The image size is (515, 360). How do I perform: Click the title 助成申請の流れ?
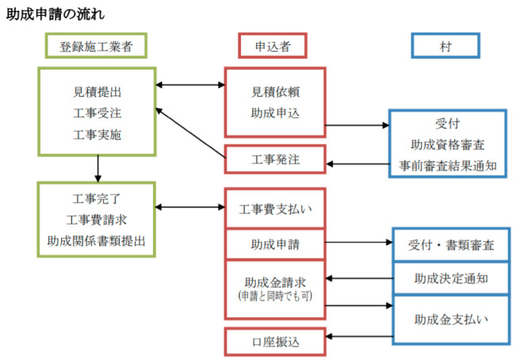click(x=55, y=14)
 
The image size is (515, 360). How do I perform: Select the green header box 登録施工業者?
click(x=96, y=46)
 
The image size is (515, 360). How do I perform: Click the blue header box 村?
click(x=445, y=46)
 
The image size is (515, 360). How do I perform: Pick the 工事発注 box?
click(x=275, y=160)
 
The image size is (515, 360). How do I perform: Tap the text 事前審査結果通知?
click(x=447, y=166)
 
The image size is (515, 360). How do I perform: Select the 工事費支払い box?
click(x=275, y=210)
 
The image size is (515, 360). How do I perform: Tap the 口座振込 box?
click(x=275, y=342)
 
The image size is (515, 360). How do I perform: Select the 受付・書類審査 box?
click(x=449, y=245)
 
